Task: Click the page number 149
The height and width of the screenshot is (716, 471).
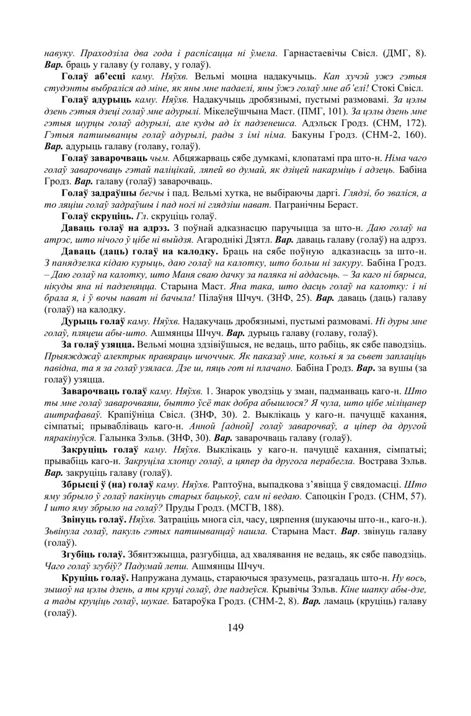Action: point(235,628)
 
